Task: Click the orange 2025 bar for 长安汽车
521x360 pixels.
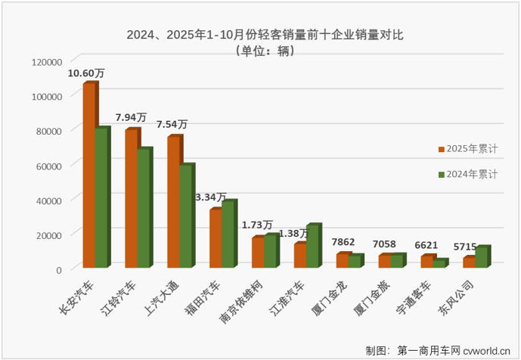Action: (x=88, y=175)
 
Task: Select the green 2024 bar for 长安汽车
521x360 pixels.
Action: (x=101, y=197)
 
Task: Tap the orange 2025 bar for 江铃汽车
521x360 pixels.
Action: (x=131, y=198)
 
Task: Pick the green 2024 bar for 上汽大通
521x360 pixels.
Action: (x=185, y=216)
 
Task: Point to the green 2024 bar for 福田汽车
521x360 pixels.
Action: (x=228, y=234)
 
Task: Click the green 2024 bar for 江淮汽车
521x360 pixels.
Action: (x=312, y=247)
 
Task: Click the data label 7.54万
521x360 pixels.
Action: (x=172, y=125)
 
